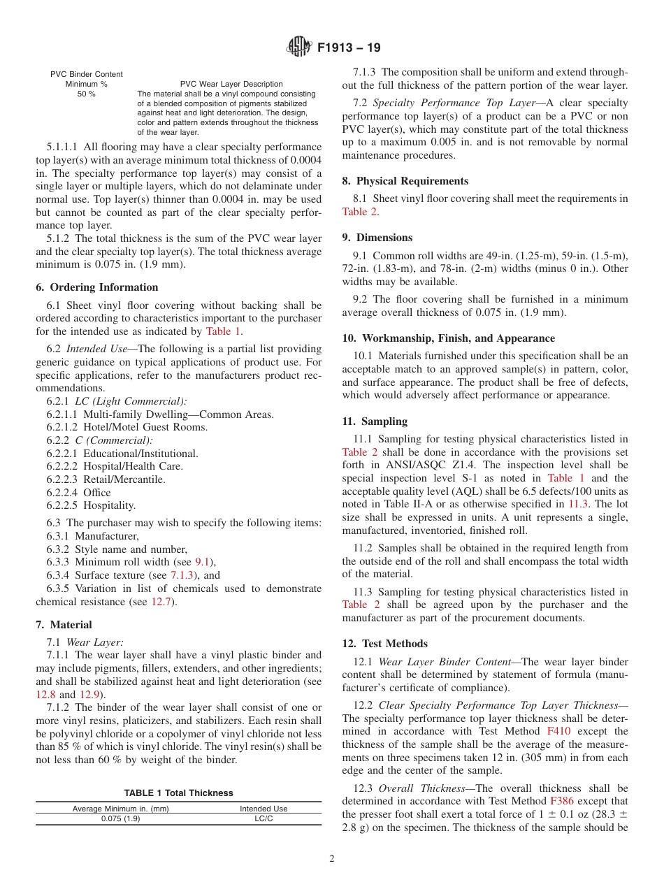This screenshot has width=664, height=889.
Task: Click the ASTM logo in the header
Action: [298, 48]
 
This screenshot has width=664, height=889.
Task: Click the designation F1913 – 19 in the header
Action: [349, 48]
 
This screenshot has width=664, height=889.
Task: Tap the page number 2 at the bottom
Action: [332, 859]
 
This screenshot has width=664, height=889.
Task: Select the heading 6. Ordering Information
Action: [96, 287]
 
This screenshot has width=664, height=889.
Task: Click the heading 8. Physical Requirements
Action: [405, 181]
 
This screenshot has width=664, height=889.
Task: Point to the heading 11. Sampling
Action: [375, 421]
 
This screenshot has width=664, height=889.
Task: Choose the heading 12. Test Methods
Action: [384, 644]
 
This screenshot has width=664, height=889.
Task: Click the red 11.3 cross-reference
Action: [578, 504]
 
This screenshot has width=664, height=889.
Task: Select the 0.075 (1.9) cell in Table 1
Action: [120, 819]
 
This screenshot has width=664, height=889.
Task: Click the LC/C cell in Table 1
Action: [263, 819]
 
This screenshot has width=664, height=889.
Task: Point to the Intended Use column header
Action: [264, 809]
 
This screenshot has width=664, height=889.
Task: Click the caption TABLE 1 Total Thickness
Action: [179, 793]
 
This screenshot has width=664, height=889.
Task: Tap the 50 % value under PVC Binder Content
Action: [86, 94]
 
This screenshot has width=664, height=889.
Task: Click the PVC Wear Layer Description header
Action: [231, 84]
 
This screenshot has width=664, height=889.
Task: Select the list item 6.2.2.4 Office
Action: [79, 493]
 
